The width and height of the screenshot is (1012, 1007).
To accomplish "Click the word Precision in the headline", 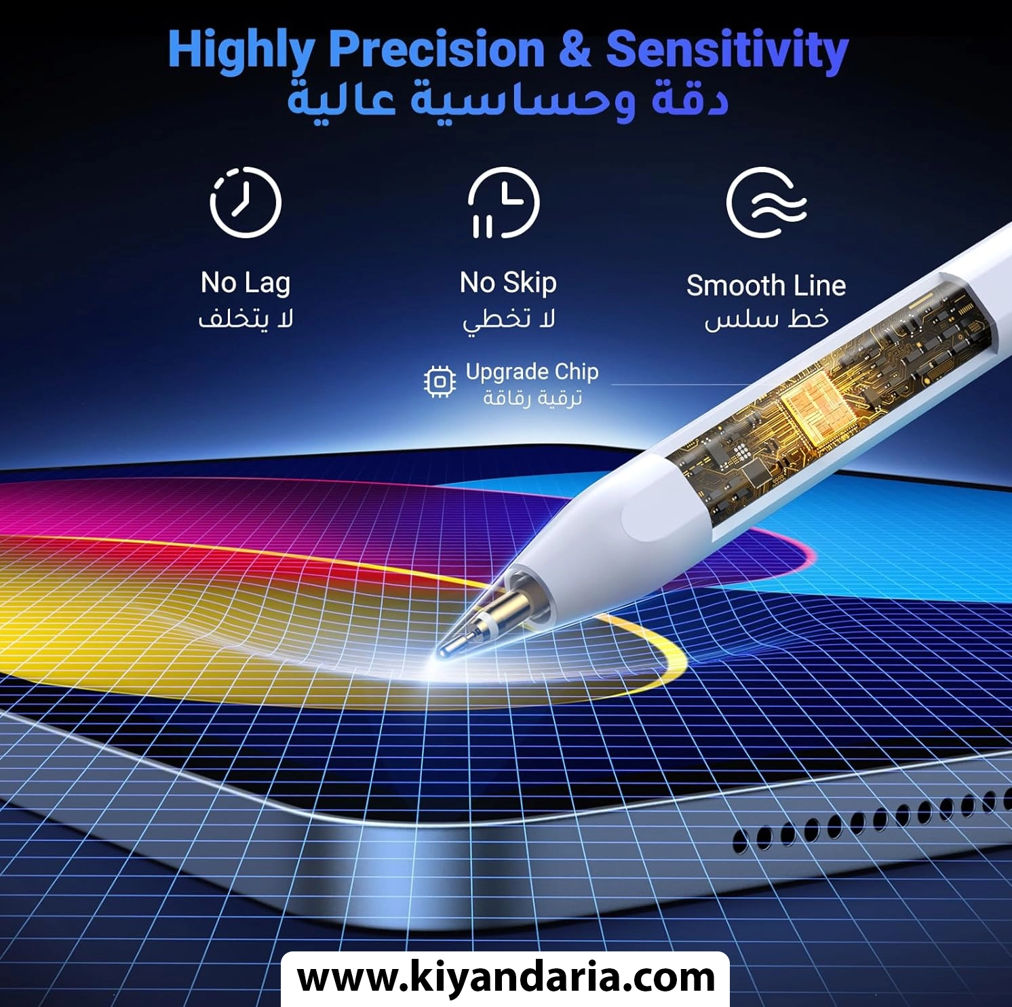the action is point(437,50).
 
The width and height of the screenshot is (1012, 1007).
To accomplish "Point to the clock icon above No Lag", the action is point(245,202).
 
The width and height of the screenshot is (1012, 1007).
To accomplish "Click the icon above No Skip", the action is point(504,202).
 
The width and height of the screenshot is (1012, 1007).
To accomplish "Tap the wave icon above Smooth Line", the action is point(766,202).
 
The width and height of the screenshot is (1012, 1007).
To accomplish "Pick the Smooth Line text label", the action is point(766,285).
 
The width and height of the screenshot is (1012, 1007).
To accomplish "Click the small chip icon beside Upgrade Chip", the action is point(440,382).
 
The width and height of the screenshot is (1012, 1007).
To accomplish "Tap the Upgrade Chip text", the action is point(532,372).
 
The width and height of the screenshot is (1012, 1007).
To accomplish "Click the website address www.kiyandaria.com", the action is point(506,978).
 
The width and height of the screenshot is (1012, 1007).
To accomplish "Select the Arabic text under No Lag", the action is point(246,319).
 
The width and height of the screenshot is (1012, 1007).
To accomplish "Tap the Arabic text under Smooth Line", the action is point(766,319).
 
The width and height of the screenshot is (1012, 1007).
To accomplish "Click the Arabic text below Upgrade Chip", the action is point(532,398).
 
